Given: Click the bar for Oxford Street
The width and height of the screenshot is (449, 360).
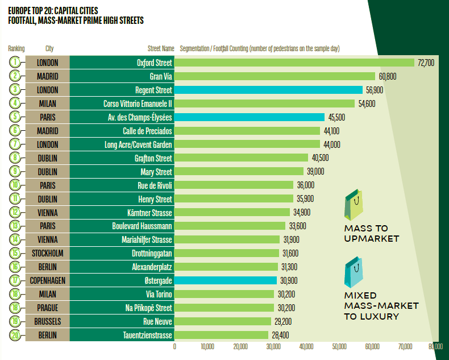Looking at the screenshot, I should point(294,63).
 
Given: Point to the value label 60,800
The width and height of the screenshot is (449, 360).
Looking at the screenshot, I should point(387,76).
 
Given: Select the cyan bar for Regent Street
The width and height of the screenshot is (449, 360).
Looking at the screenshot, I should point(268,90).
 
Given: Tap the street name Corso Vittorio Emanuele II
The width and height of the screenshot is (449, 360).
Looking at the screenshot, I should point(138,104).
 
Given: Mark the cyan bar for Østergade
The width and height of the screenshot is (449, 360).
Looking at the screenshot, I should point(226,280).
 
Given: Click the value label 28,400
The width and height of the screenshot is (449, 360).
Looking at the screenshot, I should point(281,335).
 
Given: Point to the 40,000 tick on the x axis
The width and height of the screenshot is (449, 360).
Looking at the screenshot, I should point(306,346).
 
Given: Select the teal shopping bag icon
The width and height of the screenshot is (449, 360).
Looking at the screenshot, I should point(354,274).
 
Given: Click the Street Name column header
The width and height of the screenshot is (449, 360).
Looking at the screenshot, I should point(161,49).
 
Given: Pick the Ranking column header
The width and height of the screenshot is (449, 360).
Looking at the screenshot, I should point(16,49).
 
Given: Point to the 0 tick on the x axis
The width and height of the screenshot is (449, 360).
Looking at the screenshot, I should point(174,346).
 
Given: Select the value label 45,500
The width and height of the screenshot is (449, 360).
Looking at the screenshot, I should point(336,117).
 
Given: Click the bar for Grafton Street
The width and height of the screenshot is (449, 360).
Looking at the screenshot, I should point(241,158).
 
